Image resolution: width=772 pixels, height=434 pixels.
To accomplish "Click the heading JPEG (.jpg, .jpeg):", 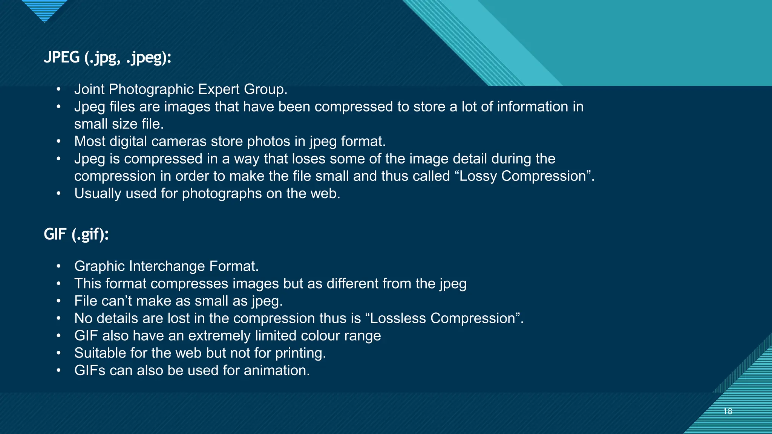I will [107, 58].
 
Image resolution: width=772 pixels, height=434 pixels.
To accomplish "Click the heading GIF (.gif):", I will [76, 234].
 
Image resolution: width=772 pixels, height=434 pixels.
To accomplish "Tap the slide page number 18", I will [728, 411].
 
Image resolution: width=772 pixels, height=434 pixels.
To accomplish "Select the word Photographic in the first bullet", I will [151, 89].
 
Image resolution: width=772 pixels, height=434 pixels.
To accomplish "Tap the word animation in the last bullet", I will [276, 370].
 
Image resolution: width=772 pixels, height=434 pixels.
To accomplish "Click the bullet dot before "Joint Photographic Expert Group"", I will [58, 89].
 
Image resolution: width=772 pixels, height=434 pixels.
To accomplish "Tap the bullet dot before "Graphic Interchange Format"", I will [58, 266].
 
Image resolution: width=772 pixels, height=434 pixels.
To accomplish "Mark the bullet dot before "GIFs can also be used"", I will [58, 370].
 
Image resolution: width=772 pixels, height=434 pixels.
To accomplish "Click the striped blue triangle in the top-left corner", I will [44, 9].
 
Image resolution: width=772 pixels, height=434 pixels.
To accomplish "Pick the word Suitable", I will [100, 353].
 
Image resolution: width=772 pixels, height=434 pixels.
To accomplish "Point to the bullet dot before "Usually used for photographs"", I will [58, 194].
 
